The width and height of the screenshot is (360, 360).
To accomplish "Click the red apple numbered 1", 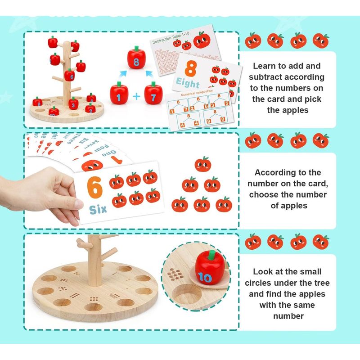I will point(118,95).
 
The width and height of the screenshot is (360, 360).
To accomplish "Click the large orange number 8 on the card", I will point(191,70).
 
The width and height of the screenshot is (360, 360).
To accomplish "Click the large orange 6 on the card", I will point(94,188).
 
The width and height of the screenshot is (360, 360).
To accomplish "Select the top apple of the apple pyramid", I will point(202,165).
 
